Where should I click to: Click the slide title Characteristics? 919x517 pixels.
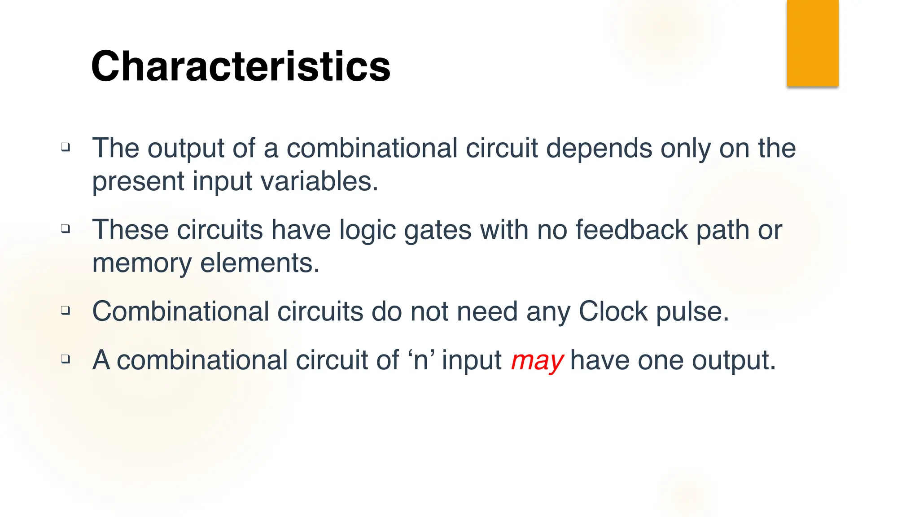click(x=241, y=66)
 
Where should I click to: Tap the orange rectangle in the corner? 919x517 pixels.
click(x=813, y=43)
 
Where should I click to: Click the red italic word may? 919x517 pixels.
click(x=537, y=360)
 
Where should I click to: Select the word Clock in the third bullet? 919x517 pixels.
click(x=613, y=311)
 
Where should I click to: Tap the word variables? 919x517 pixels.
click(x=319, y=181)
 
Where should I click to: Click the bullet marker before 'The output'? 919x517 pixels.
click(x=66, y=147)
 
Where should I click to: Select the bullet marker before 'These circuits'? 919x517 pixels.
click(x=66, y=228)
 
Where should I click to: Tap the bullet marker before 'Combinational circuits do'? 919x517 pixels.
click(x=66, y=310)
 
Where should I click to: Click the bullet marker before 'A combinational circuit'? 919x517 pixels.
click(x=66, y=359)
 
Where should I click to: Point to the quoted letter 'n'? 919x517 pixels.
click(x=421, y=360)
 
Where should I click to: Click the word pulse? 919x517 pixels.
click(x=692, y=312)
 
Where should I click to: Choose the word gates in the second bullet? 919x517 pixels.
click(x=438, y=231)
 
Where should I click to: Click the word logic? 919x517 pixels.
click(x=367, y=231)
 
